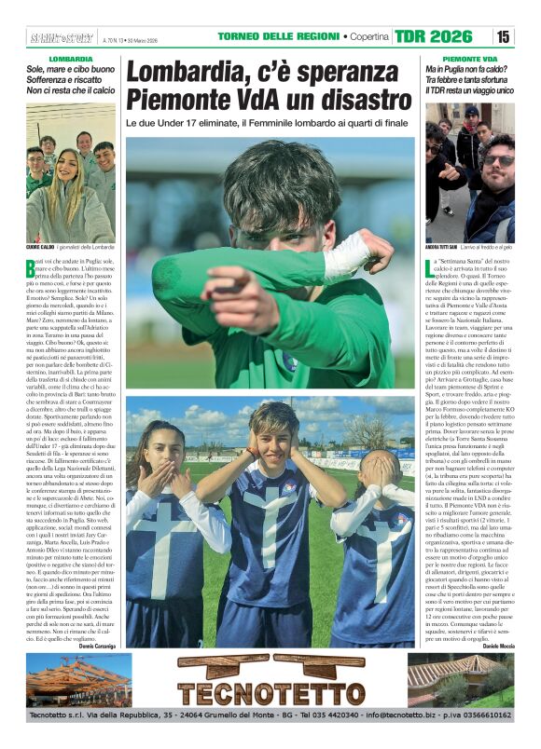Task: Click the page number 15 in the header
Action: (x=504, y=36)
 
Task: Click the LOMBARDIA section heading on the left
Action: (x=71, y=59)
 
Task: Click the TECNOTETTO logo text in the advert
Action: (x=270, y=695)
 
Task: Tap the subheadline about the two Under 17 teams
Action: (x=268, y=123)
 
